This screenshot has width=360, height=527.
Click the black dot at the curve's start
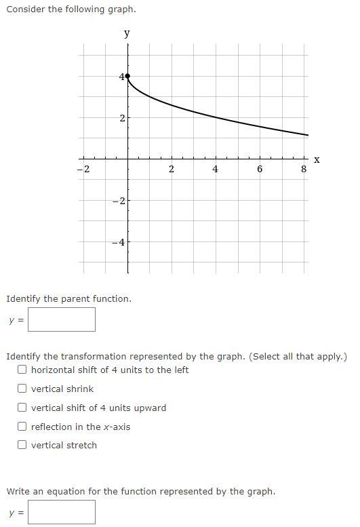pyautogui.click(x=127, y=77)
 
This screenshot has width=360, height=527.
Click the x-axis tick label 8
pyautogui.click(x=304, y=170)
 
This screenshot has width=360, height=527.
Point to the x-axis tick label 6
pyautogui.click(x=260, y=170)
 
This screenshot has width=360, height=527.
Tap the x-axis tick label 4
pyautogui.click(x=216, y=170)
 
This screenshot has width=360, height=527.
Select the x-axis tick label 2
pyautogui.click(x=172, y=170)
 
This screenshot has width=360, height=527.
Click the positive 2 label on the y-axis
pyautogui.click(x=121, y=118)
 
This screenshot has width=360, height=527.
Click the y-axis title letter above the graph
pyautogui.click(x=127, y=33)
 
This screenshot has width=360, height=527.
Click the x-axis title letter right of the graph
pyautogui.click(x=316, y=159)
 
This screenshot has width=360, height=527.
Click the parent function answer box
pyautogui.click(x=62, y=319)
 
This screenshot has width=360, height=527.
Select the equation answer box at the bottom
pyautogui.click(x=62, y=512)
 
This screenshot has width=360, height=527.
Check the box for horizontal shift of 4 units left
pyautogui.click(x=22, y=370)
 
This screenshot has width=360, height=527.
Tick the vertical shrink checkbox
pyautogui.click(x=22, y=389)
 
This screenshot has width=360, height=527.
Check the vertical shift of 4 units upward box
pyautogui.click(x=22, y=408)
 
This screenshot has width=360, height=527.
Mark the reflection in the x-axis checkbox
pyautogui.click(x=22, y=427)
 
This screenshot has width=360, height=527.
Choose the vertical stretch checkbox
pyautogui.click(x=22, y=445)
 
